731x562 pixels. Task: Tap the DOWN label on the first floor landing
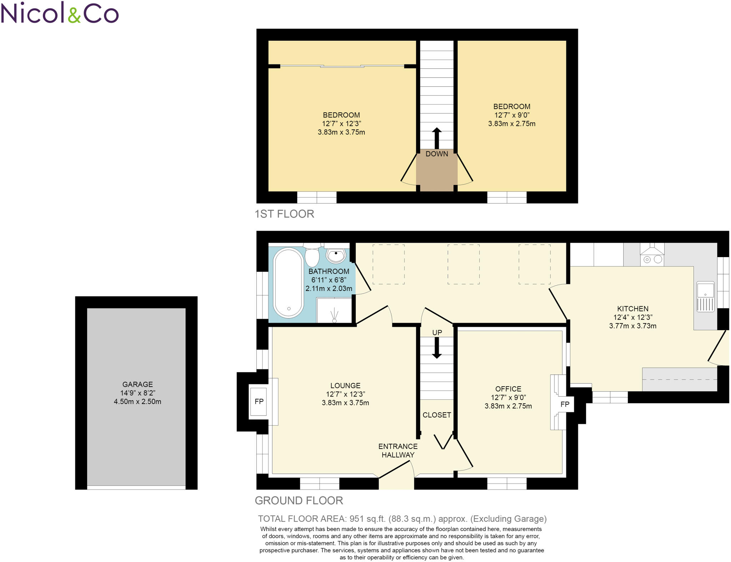point(437,154)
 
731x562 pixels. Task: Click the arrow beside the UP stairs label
point(437,348)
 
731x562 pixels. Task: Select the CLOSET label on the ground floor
point(437,415)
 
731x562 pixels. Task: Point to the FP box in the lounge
point(259,402)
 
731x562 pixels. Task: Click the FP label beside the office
point(565,404)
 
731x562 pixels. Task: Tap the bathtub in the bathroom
point(288,283)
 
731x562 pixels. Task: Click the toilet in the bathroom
point(312,255)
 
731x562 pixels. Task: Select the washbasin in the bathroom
point(336,255)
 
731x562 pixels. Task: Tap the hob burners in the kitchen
point(652,260)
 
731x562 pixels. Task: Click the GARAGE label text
point(137,384)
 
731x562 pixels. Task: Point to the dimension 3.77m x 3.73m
point(632,326)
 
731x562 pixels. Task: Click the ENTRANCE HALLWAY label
point(398,450)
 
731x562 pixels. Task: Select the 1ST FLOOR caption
point(284,214)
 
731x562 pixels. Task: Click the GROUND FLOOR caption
point(299,500)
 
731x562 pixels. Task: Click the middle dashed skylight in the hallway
point(463,264)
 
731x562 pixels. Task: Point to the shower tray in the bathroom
point(334,310)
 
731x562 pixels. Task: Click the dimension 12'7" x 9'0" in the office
point(508,397)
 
